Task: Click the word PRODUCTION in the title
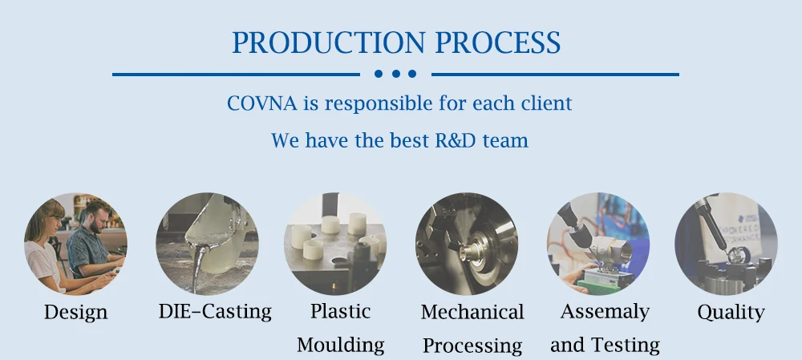328,42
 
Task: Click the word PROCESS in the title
498,42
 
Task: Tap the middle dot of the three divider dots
395,74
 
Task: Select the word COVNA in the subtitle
261,103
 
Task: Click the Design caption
75,312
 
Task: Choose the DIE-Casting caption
215,311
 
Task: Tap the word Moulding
341,345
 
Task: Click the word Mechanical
472,312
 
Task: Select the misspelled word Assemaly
605,311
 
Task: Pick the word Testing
632,346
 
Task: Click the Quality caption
731,312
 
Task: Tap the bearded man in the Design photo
95,241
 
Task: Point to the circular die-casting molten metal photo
207,244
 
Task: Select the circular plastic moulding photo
335,244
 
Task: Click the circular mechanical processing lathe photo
467,244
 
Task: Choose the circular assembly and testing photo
598,244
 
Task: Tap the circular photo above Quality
727,244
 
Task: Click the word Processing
472,346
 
